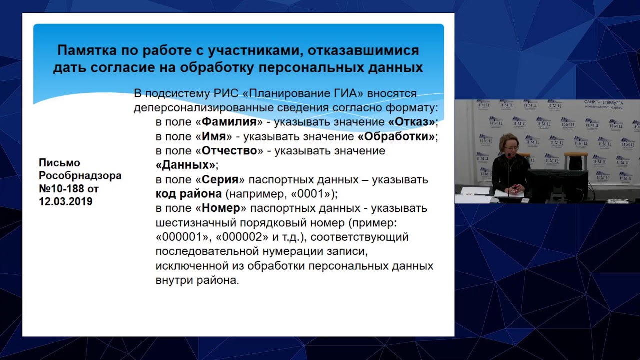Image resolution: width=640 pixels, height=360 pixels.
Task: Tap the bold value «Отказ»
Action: tap(412, 122)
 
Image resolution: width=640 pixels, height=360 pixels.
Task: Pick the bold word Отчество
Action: tap(229, 151)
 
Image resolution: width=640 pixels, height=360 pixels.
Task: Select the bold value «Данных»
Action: tap(185, 165)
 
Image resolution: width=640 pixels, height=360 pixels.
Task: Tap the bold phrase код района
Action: tap(188, 194)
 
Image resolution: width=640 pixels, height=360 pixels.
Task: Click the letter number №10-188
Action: tap(62, 189)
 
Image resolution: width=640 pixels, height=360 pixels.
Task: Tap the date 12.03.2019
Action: tap(65, 202)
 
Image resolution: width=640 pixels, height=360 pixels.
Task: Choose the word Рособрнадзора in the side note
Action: tap(80, 176)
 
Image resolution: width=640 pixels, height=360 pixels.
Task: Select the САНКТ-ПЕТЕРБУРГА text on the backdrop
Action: tap(603, 102)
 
